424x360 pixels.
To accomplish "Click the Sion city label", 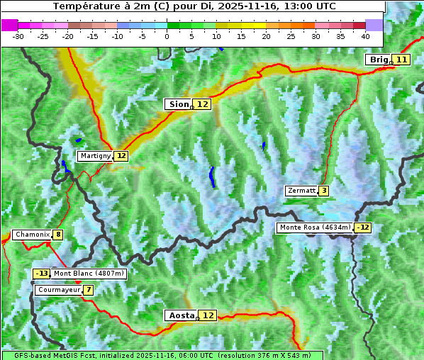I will [177, 104].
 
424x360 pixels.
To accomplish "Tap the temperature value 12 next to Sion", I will [203, 104].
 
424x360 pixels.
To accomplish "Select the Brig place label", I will [378, 60].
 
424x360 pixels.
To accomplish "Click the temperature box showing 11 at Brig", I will [401, 60].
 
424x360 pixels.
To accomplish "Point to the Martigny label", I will [95, 156].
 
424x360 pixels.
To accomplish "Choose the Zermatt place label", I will [301, 191].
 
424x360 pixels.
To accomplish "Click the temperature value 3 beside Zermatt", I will [323, 191].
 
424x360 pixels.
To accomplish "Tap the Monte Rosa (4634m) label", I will [315, 227].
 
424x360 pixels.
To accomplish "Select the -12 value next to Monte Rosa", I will [363, 227].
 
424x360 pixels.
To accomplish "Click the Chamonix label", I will [32, 235].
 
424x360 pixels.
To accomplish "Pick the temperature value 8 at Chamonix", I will [57, 235].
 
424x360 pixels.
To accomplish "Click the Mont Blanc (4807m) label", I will [89, 274].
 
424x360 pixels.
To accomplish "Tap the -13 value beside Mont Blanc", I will [42, 274].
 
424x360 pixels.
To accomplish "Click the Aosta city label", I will [180, 315].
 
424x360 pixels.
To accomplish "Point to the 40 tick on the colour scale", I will [365, 35].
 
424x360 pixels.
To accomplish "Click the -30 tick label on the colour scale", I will [18, 35].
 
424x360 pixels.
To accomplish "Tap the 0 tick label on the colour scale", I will [167, 35].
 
